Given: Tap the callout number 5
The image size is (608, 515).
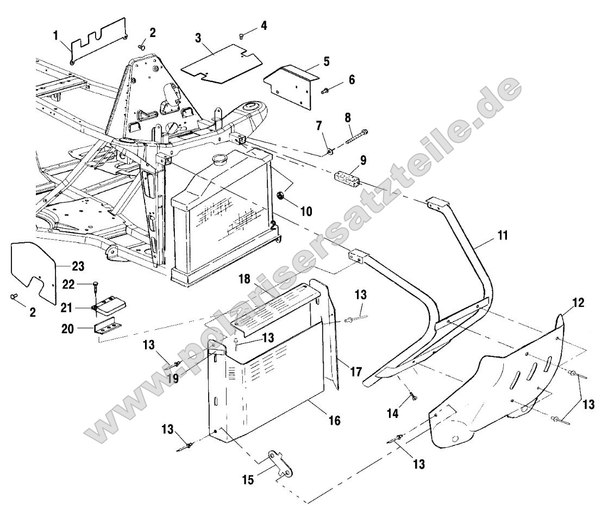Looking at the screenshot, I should tap(325, 60).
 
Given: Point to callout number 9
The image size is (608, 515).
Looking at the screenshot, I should tap(363, 160).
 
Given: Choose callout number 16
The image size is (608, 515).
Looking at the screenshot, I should tap(334, 420).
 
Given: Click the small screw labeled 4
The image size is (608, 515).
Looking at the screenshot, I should tap(241, 36).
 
